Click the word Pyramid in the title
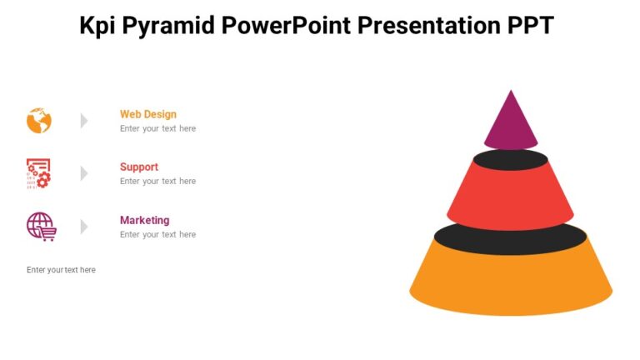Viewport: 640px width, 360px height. point(167,26)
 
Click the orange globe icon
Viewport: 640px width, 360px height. point(39,121)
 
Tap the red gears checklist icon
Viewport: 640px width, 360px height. point(39,173)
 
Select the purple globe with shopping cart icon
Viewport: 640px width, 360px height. point(41,226)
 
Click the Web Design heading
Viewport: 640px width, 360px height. point(147,114)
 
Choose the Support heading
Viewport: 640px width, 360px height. point(138,167)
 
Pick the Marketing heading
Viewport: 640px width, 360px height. point(144,220)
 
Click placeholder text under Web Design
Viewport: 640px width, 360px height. point(157,128)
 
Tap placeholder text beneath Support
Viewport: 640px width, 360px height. point(157,181)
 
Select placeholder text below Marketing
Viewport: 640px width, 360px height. point(157,234)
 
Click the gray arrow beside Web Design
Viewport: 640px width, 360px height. point(84,121)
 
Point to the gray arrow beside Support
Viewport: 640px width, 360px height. point(84,173)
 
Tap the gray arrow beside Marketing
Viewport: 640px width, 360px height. point(84,226)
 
